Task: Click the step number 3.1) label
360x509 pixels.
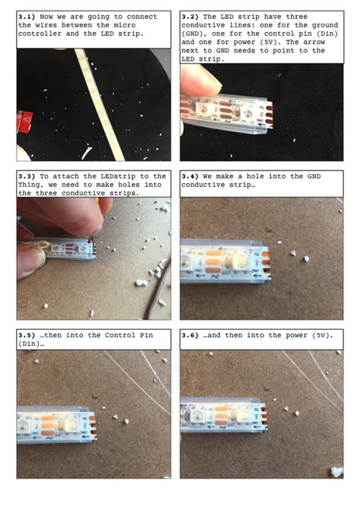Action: click(27, 17)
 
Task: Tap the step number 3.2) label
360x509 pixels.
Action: click(191, 17)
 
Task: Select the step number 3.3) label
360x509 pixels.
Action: click(27, 176)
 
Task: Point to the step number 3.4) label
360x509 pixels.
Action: click(191, 176)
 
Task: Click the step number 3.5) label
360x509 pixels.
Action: click(27, 335)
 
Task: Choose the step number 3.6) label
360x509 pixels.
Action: click(191, 335)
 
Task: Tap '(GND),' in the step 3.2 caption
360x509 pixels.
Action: click(194, 33)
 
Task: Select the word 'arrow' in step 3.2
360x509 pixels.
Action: click(314, 42)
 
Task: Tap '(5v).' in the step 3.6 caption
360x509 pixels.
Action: click(322, 335)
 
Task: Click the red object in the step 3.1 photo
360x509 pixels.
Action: click(24, 122)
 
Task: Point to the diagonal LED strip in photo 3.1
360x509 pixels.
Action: click(99, 105)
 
